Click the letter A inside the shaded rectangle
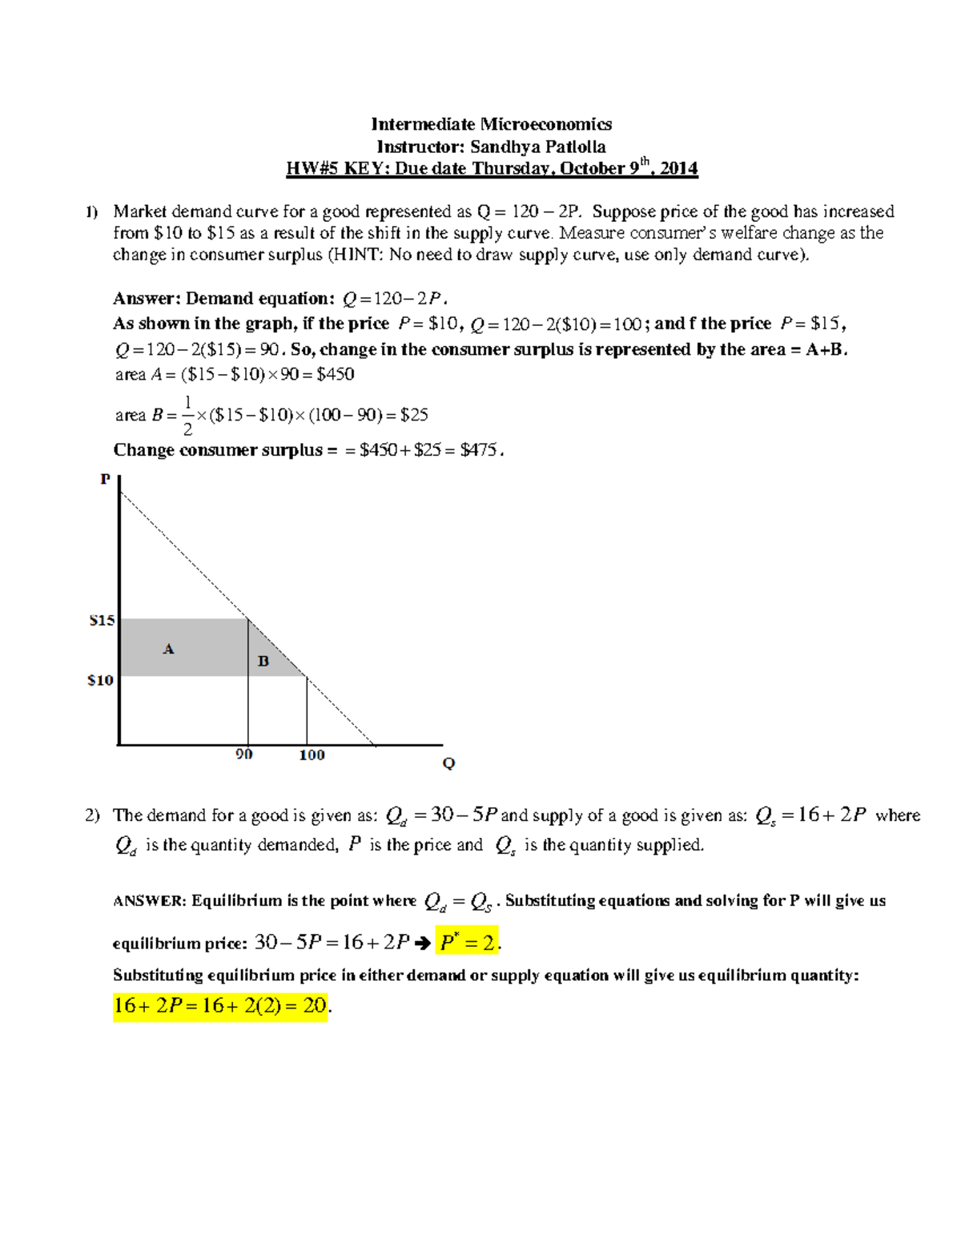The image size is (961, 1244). point(168,649)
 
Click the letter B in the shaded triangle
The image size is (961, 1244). point(263,662)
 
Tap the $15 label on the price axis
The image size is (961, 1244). point(102,621)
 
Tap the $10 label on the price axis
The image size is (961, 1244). point(100,681)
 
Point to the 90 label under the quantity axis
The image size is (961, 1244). point(244,755)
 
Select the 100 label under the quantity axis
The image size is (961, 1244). point(312,755)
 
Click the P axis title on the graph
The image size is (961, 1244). point(105,480)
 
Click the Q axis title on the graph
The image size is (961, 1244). point(448,763)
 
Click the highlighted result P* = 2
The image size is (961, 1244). point(468,943)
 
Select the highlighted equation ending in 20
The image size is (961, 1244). point(220,1005)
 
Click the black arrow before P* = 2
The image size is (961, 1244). point(423,944)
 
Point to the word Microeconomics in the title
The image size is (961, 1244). point(546,124)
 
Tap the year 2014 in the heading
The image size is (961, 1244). point(678,169)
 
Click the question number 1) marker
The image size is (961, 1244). point(92,212)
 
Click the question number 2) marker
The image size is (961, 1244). point(92,815)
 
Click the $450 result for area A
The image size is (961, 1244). point(336,374)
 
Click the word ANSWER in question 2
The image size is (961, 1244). point(150,901)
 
